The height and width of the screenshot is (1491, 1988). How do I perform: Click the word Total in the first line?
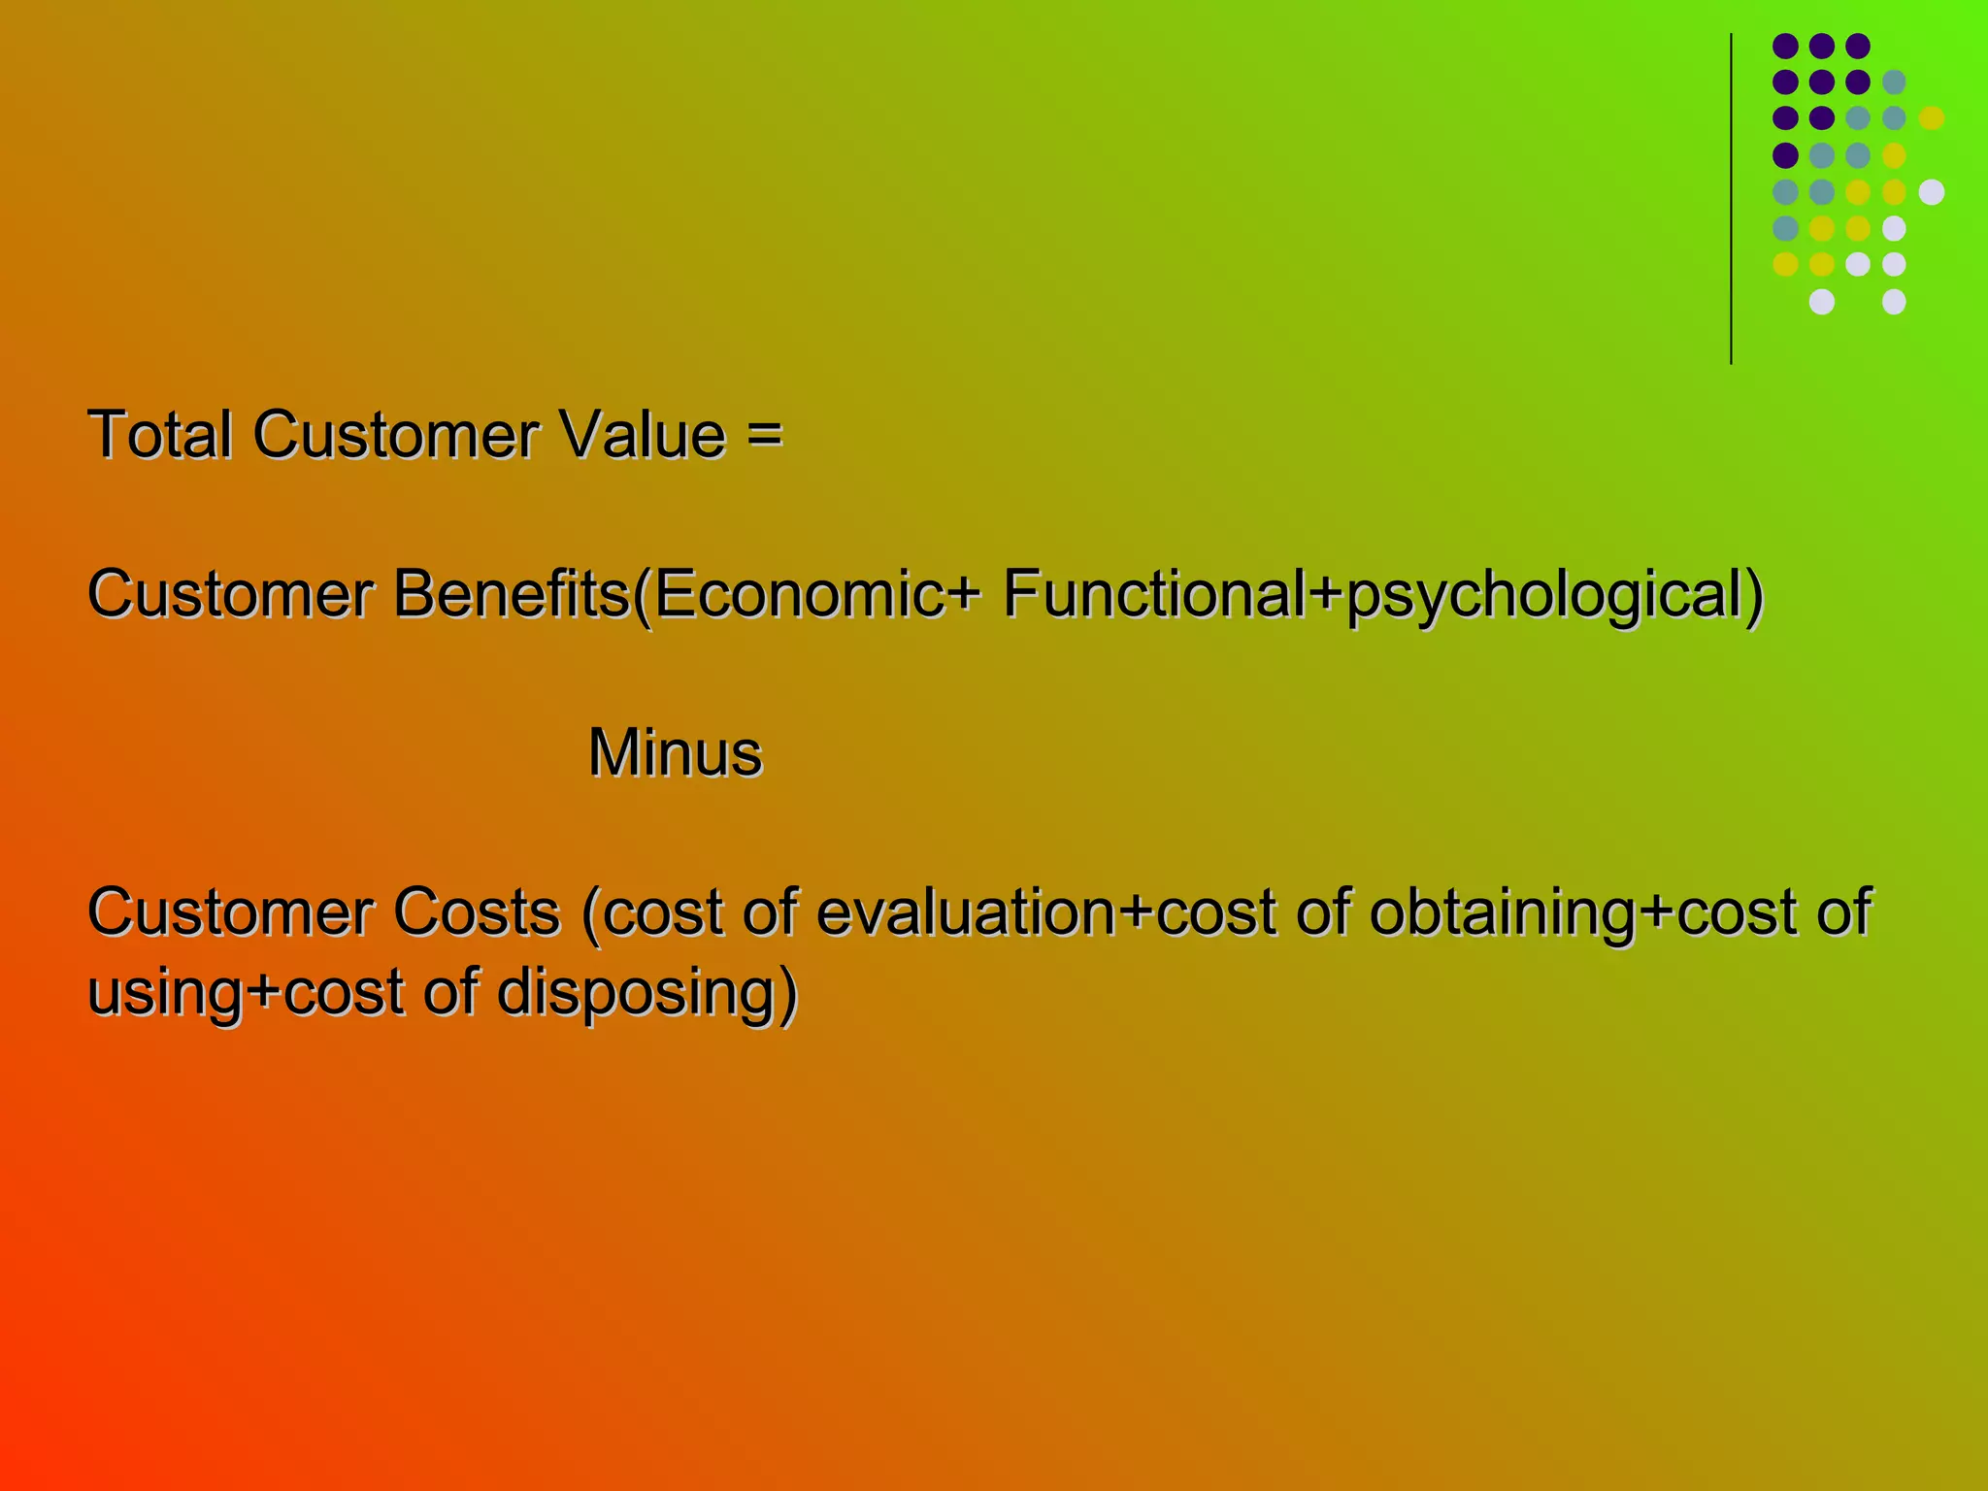coord(160,434)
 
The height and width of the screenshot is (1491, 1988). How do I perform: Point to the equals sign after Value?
coord(765,434)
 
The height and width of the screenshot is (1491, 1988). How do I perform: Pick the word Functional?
coord(1154,594)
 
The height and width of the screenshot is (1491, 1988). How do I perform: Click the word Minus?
coord(676,753)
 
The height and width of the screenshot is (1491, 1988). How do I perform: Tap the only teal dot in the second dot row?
coord(1894,83)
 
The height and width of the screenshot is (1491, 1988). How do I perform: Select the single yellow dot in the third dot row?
coord(1931,118)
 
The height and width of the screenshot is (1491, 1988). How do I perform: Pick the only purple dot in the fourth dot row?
coord(1785,155)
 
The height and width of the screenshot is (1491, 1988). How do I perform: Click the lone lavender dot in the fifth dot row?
coord(1931,192)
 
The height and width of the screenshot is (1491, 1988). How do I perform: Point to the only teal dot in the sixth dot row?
coord(1785,228)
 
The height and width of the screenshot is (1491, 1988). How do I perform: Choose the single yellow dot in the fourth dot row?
coord(1894,155)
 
